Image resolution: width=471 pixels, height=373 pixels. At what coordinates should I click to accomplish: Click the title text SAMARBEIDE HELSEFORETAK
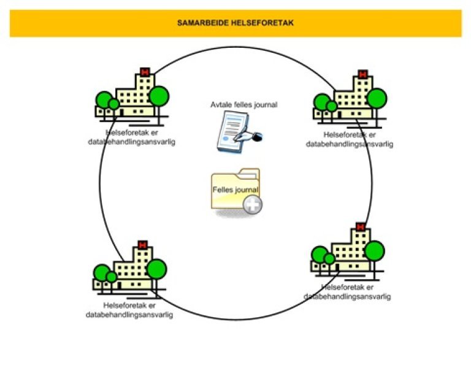235,23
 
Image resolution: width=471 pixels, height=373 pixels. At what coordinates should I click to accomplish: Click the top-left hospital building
131,95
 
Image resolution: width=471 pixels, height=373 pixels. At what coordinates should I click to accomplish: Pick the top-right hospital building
350,98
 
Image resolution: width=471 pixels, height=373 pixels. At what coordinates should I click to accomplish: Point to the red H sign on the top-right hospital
363,75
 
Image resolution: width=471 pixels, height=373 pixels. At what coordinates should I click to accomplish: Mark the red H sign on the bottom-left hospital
143,245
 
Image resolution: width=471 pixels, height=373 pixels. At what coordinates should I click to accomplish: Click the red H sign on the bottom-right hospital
361,227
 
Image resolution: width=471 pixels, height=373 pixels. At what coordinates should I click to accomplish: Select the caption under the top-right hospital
349,139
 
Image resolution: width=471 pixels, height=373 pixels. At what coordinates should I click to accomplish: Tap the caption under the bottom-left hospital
129,310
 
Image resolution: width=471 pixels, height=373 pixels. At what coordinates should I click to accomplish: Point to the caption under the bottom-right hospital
347,291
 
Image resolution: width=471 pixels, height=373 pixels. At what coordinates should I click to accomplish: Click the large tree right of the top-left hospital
159,95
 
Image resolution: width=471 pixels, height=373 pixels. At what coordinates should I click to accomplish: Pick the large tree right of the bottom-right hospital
374,250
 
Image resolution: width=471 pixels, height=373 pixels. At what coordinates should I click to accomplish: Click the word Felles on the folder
222,190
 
